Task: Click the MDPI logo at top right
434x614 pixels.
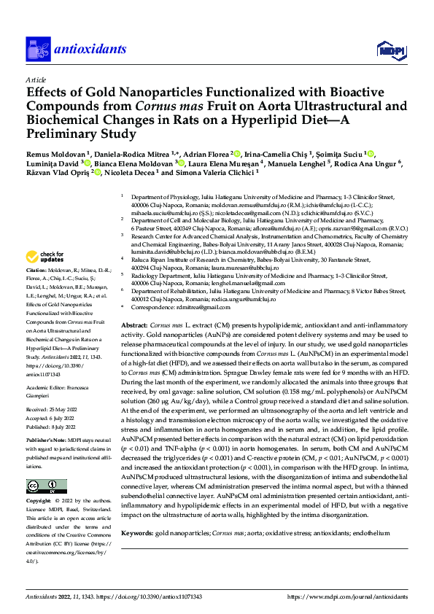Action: [388, 49]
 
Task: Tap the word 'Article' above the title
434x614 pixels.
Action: [36, 78]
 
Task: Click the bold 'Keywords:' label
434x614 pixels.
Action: [139, 534]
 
